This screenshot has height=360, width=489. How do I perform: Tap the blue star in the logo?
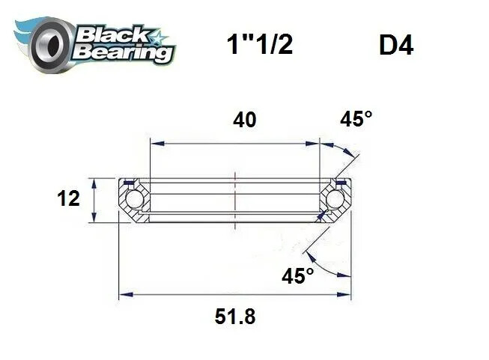[x=159, y=35]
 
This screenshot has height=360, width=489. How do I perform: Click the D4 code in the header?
[x=396, y=46]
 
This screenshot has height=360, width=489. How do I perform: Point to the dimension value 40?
[x=244, y=120]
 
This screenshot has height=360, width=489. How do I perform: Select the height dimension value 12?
[x=68, y=200]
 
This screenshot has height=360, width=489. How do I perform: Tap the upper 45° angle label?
[x=356, y=120]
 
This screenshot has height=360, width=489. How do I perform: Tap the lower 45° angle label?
[x=297, y=276]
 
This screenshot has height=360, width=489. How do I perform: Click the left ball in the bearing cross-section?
[x=134, y=200]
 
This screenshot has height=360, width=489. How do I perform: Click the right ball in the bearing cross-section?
[x=335, y=200]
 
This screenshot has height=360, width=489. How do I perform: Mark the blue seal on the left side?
[x=129, y=182]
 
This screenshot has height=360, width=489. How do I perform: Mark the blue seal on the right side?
[x=341, y=182]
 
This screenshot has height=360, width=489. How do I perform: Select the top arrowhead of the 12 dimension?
[x=93, y=182]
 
